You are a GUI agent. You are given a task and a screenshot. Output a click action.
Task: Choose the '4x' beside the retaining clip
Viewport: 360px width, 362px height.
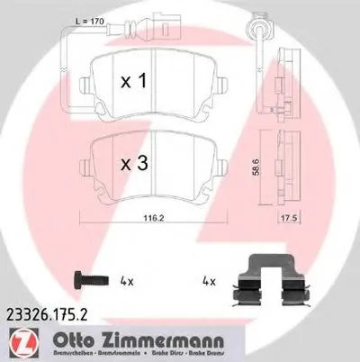tap(211, 281)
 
